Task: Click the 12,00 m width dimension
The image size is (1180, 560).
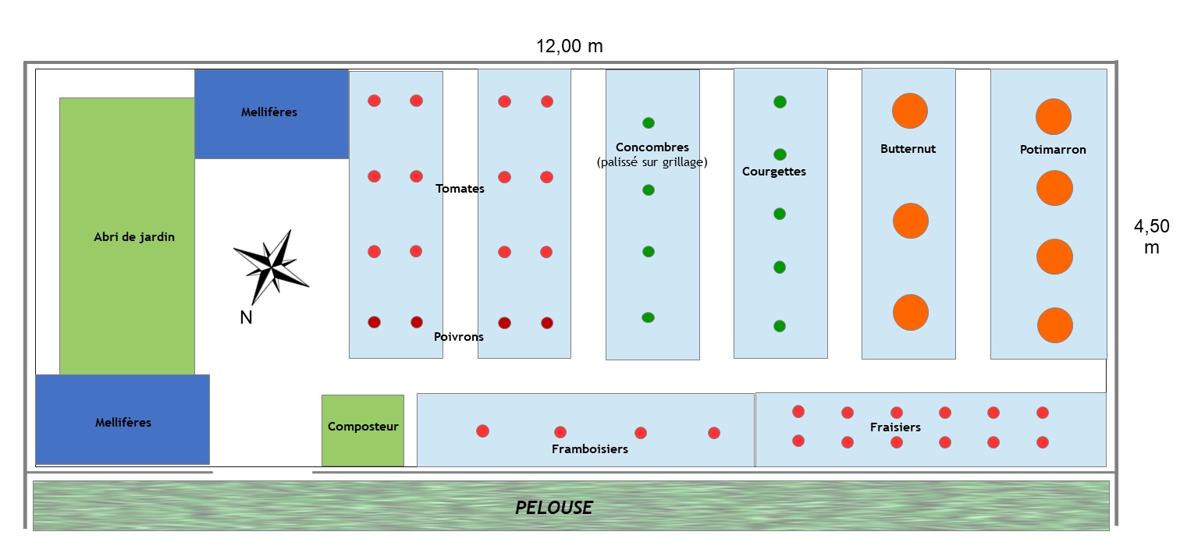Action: pos(570,46)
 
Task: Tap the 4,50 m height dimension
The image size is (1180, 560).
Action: pos(1152,236)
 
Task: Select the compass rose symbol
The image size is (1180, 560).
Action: pos(271,267)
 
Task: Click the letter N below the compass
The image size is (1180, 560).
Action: pos(246,317)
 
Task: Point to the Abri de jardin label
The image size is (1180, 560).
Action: pos(134,237)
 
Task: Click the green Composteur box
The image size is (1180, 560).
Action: pos(363,431)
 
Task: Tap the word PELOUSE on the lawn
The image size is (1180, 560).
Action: pos(553,508)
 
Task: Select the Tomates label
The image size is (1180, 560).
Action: pos(460,189)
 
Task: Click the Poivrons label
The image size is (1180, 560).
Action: pos(459,337)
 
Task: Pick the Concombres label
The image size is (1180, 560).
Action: pos(652,147)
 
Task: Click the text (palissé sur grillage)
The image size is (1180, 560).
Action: pos(652,162)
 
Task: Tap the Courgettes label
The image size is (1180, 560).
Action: pos(774,172)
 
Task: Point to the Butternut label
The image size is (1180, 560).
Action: pos(908,149)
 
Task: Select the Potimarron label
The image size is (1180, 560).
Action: pos(1053,150)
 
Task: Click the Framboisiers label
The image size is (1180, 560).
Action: pos(590,449)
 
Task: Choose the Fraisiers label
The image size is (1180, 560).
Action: pos(896,427)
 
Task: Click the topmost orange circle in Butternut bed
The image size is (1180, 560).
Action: pos(910,111)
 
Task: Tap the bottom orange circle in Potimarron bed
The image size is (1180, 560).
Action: pos(1055,325)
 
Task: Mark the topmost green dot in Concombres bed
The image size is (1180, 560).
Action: pos(649,123)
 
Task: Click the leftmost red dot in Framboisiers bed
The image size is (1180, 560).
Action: pos(482,431)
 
